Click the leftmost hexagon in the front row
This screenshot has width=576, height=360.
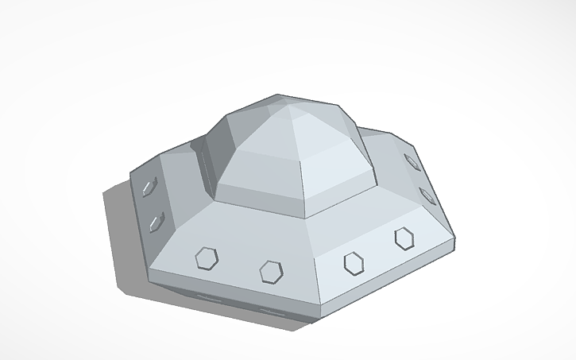point(207,257)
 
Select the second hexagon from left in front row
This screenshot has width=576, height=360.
point(272,270)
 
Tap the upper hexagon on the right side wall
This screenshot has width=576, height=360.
point(412,161)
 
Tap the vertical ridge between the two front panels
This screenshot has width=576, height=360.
point(319,282)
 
